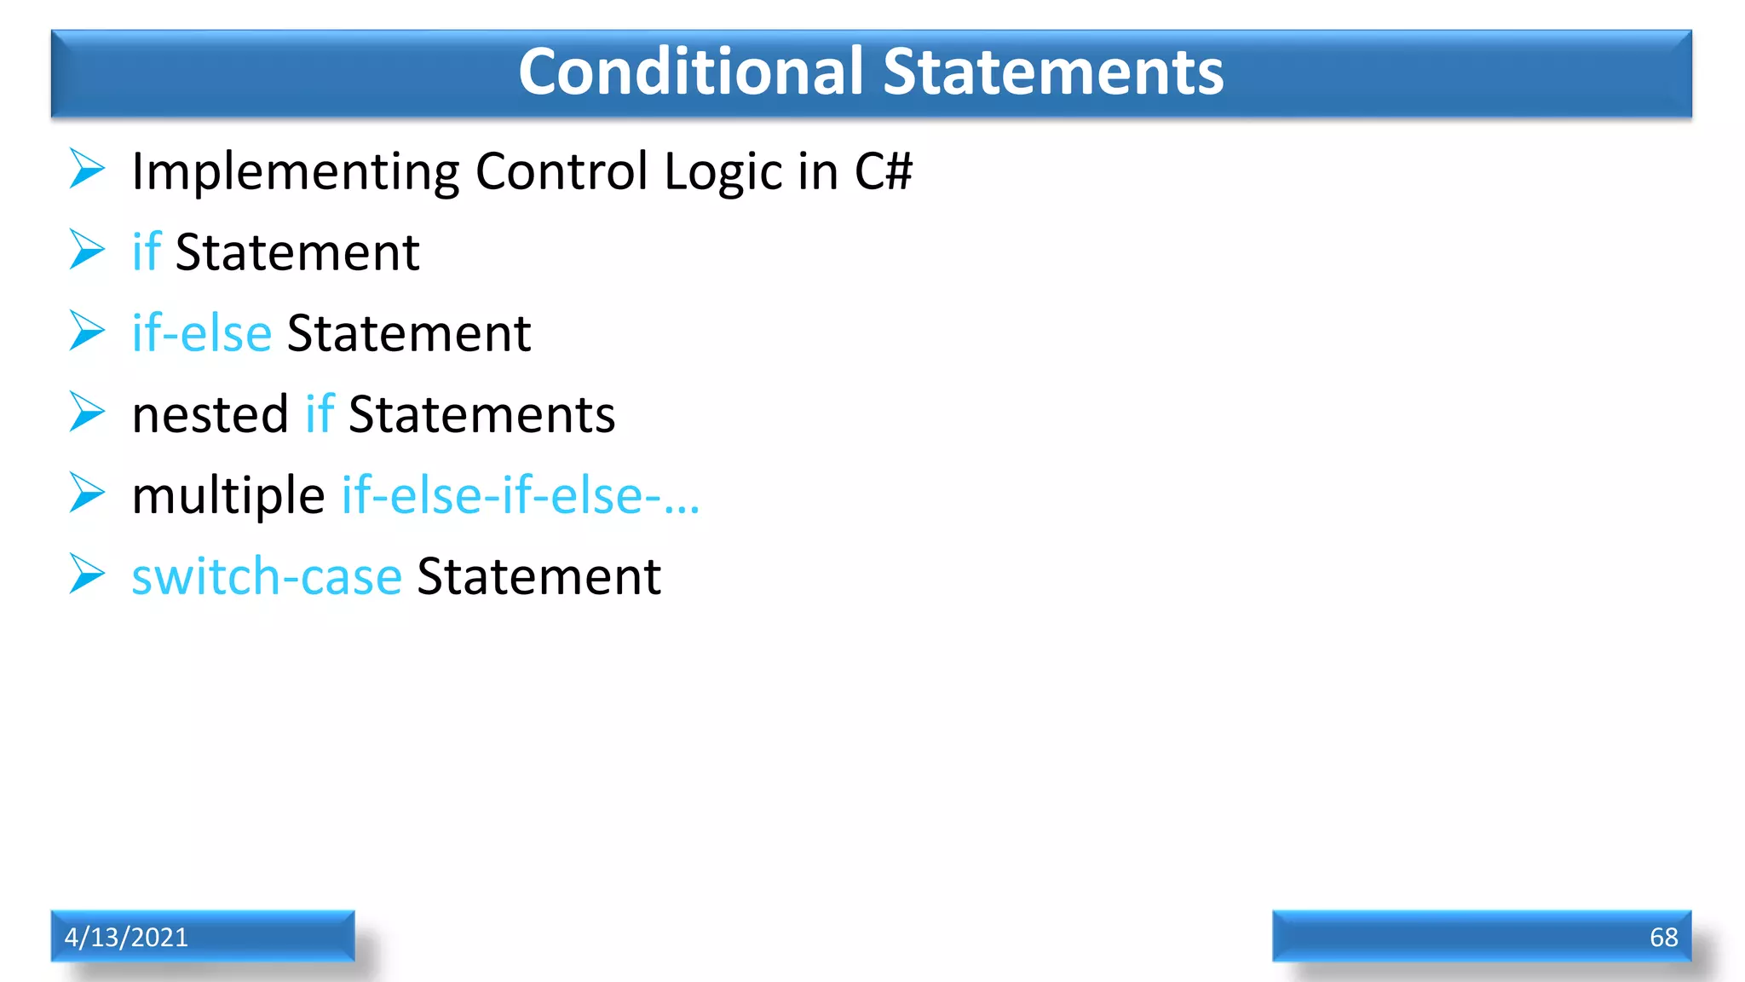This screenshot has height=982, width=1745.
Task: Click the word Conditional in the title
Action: click(691, 72)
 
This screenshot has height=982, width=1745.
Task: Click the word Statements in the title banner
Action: click(1053, 72)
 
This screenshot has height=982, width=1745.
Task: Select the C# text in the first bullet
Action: click(883, 171)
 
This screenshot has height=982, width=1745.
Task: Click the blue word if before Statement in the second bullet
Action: click(147, 252)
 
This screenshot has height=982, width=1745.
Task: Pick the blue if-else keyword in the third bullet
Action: click(202, 333)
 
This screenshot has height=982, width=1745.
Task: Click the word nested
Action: click(210, 415)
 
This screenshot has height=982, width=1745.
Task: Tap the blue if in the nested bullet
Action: click(320, 414)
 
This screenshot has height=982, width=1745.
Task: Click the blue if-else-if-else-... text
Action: click(521, 495)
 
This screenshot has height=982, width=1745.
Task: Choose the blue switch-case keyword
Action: click(267, 577)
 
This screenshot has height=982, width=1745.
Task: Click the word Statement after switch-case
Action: click(538, 577)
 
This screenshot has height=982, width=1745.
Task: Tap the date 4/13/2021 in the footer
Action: click(126, 937)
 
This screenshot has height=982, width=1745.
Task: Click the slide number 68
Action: click(1663, 937)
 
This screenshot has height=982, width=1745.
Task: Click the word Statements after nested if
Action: click(481, 415)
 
